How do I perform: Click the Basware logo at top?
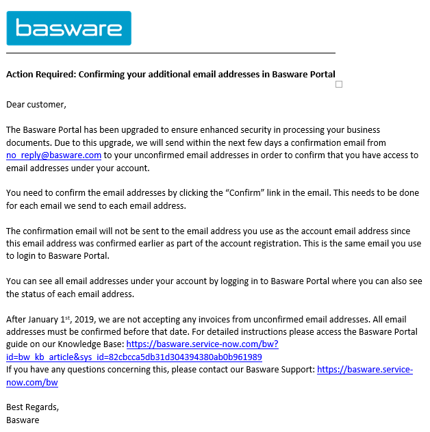pyautogui.click(x=68, y=28)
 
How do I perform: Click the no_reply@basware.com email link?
pyautogui.click(x=53, y=155)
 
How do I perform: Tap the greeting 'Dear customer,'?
pyautogui.click(x=36, y=104)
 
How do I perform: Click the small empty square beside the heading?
pyautogui.click(x=339, y=84)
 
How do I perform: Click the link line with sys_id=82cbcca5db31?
pyautogui.click(x=134, y=357)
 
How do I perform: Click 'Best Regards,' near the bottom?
pyautogui.click(x=32, y=407)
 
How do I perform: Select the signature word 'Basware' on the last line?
pyautogui.click(x=23, y=420)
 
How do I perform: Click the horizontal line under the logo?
pyautogui.click(x=171, y=53)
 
